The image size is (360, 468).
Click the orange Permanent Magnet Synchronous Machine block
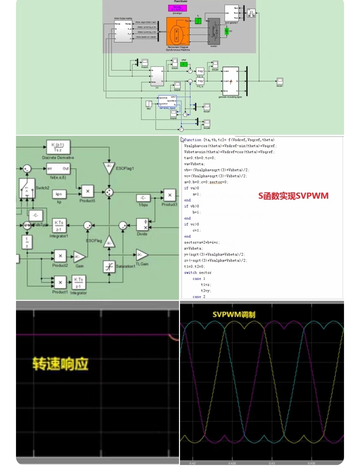pos(178,32)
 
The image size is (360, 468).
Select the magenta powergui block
pos(177,8)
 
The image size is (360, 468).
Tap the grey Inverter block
pos(214,31)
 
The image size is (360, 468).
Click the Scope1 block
pos(280,81)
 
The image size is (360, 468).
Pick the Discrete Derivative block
pos(58,147)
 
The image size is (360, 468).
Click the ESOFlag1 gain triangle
pos(109,168)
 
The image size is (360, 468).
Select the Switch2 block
pos(27,188)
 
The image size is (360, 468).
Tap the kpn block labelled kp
pos(59,194)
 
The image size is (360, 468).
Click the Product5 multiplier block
pos(87,191)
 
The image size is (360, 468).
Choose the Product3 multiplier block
pos(170,195)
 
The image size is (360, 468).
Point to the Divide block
pos(142,224)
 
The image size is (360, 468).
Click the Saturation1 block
pos(109,267)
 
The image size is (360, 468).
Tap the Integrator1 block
pos(59,225)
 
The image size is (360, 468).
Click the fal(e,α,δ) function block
pos(58,169)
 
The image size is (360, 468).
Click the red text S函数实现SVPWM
pos(293,196)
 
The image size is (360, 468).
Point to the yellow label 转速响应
pos(60,364)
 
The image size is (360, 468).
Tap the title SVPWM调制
pos(234,315)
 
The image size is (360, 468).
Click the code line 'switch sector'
pos(198,273)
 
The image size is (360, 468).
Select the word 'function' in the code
pos(193,140)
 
